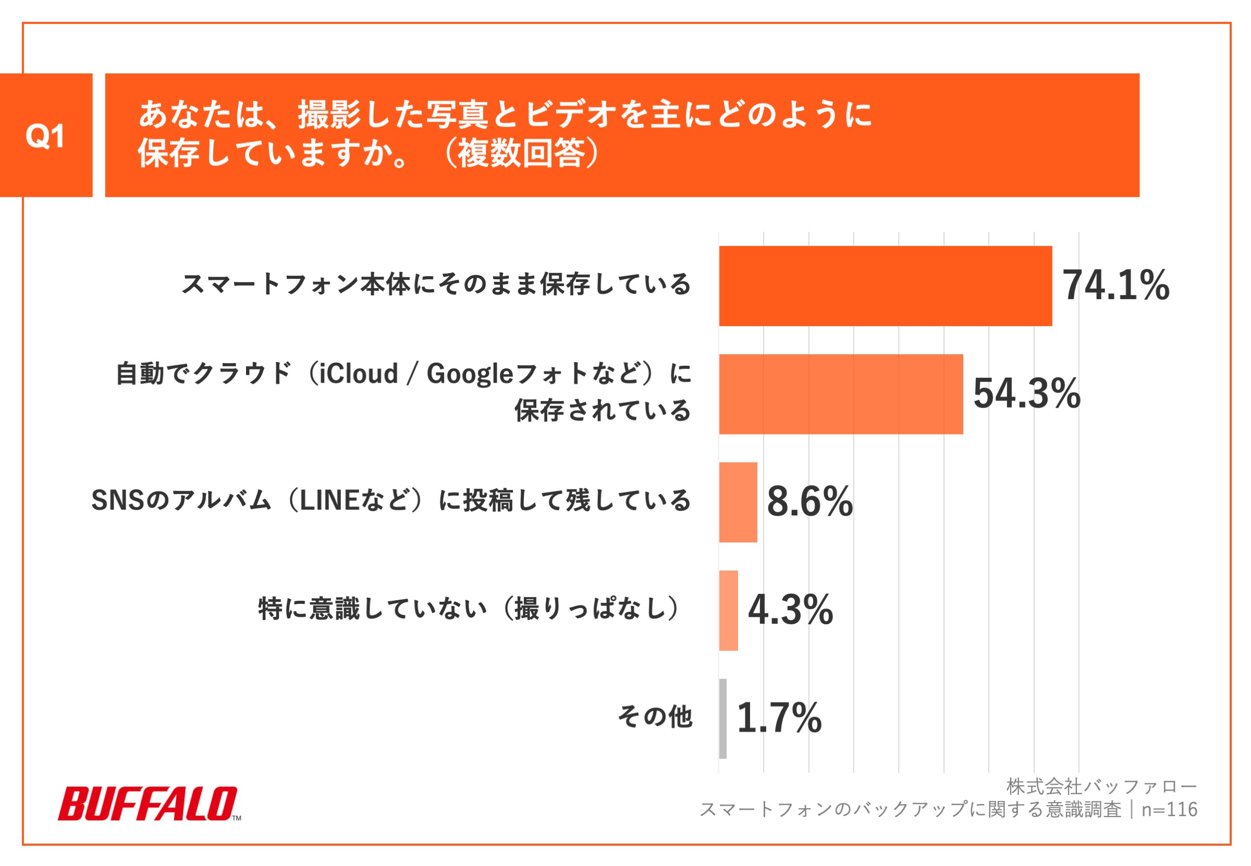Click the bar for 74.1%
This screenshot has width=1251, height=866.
point(885,286)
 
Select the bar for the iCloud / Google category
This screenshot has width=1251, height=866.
point(840,394)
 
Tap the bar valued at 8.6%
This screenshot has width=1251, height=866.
point(738,502)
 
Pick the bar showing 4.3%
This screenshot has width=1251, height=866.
point(728,611)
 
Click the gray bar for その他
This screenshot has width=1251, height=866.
point(722,719)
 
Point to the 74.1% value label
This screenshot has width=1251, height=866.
point(1115,286)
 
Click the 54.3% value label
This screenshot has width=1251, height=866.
point(1026,393)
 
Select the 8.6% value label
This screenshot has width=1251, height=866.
point(809,501)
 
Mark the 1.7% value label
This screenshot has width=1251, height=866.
point(779,718)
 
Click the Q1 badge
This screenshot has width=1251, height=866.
point(45,135)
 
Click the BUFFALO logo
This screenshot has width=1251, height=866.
point(148,803)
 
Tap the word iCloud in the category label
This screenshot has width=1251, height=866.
point(358,374)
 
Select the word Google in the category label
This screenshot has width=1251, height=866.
point(470,374)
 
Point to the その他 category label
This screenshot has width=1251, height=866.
point(655,716)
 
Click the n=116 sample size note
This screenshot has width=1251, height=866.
point(1169,810)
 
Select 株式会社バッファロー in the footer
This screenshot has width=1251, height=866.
point(1101,786)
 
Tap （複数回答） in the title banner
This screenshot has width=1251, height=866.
point(521,154)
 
